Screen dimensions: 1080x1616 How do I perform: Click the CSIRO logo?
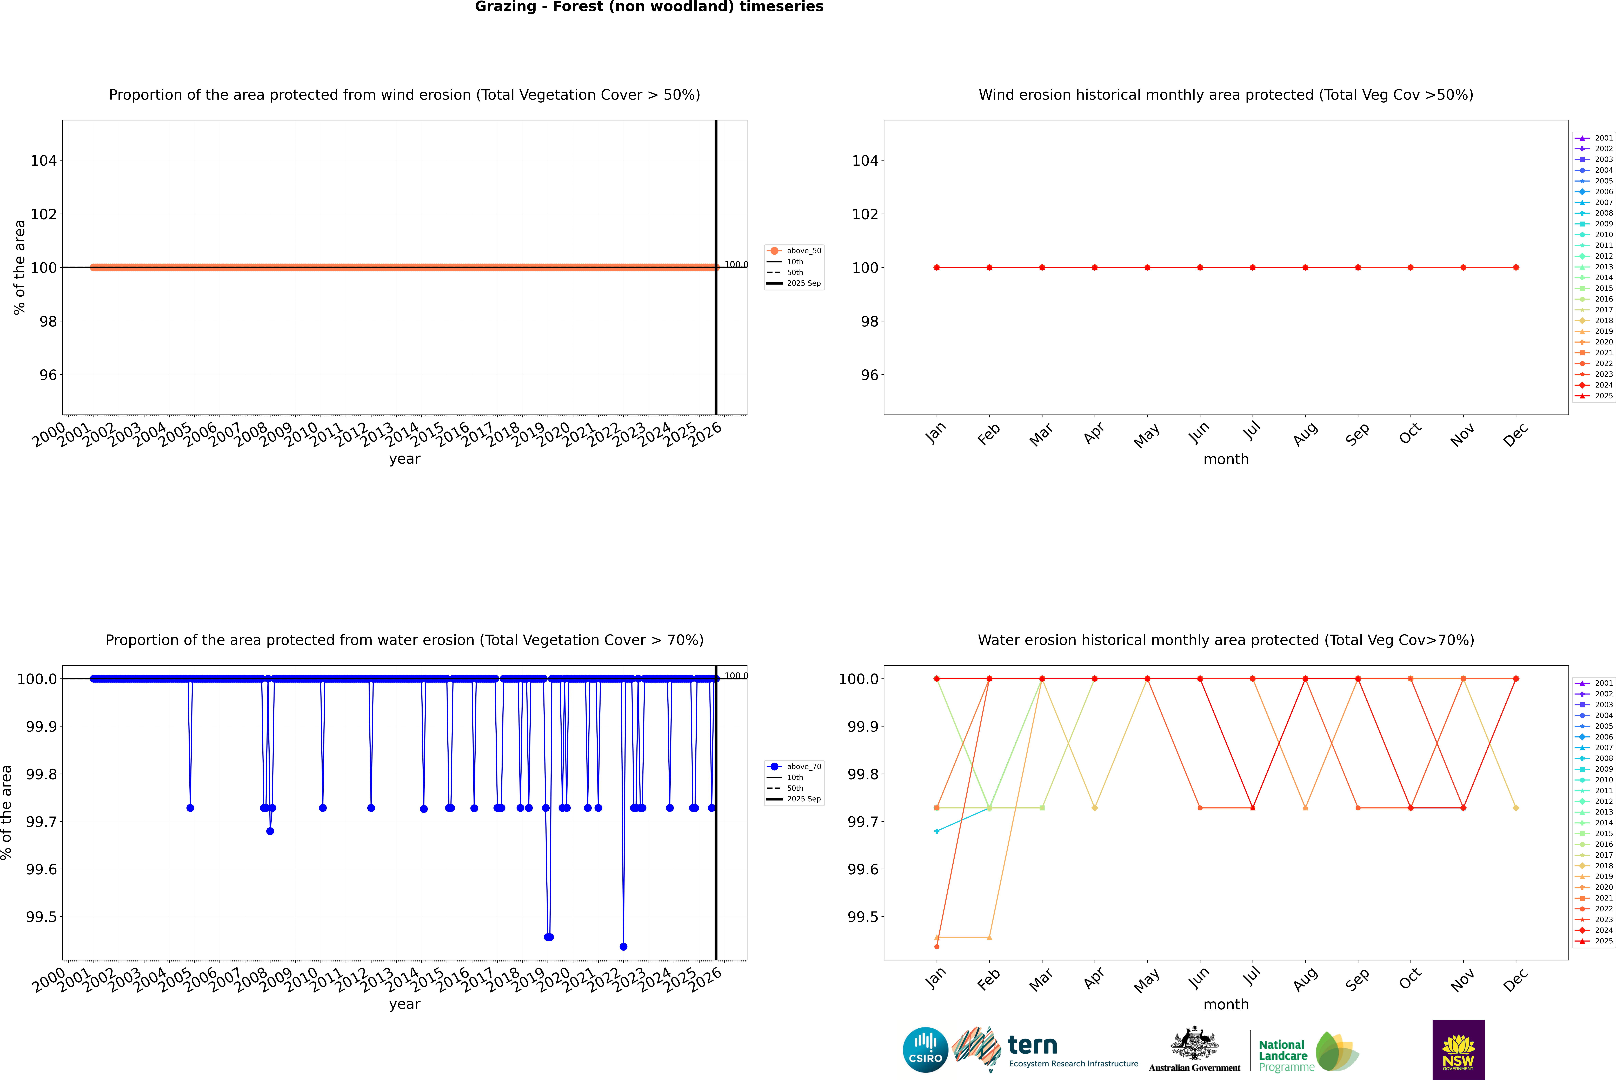click(x=925, y=1050)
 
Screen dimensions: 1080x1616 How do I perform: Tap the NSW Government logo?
click(x=1458, y=1050)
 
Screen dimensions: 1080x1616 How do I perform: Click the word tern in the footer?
click(x=1032, y=1045)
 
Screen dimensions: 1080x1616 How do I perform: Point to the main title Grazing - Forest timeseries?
click(x=649, y=7)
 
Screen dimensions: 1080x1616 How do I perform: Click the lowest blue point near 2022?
click(x=623, y=946)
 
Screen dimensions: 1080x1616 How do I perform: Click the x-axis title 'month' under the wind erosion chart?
click(x=1225, y=459)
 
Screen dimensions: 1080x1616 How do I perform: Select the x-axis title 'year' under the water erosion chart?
click(x=404, y=1004)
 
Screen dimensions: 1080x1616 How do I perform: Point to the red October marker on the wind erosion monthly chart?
click(x=1410, y=267)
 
